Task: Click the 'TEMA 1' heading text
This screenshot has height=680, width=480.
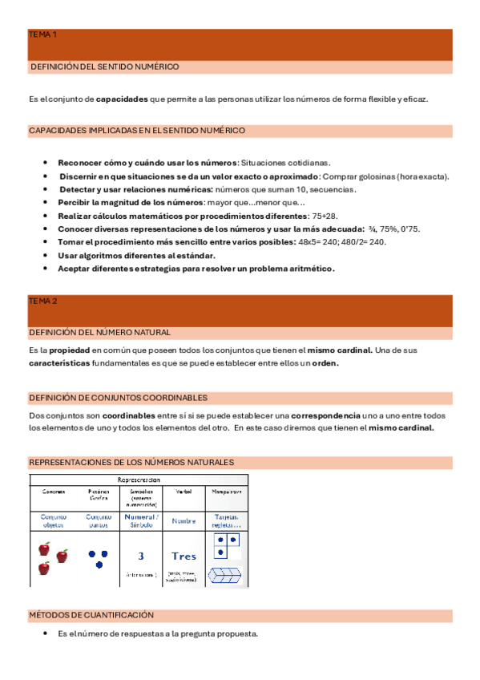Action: [x=42, y=35]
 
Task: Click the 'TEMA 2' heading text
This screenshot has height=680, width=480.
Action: [x=42, y=301]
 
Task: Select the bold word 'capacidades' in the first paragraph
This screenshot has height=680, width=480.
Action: [x=122, y=99]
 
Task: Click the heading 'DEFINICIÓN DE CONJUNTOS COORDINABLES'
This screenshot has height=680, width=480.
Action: [x=118, y=398]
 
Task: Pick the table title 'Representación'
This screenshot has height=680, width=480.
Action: [x=139, y=479]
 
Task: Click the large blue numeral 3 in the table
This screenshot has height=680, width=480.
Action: [x=141, y=555]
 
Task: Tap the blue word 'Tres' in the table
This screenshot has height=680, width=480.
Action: [x=184, y=556]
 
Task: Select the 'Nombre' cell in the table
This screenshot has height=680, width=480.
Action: [x=184, y=521]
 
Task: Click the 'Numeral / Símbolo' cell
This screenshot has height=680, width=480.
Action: [x=141, y=521]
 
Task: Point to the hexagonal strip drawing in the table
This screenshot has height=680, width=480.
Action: [x=225, y=575]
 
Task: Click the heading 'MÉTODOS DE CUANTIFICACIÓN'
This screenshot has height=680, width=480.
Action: [x=91, y=615]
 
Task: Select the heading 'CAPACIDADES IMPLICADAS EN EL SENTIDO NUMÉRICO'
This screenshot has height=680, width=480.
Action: [x=137, y=130]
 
